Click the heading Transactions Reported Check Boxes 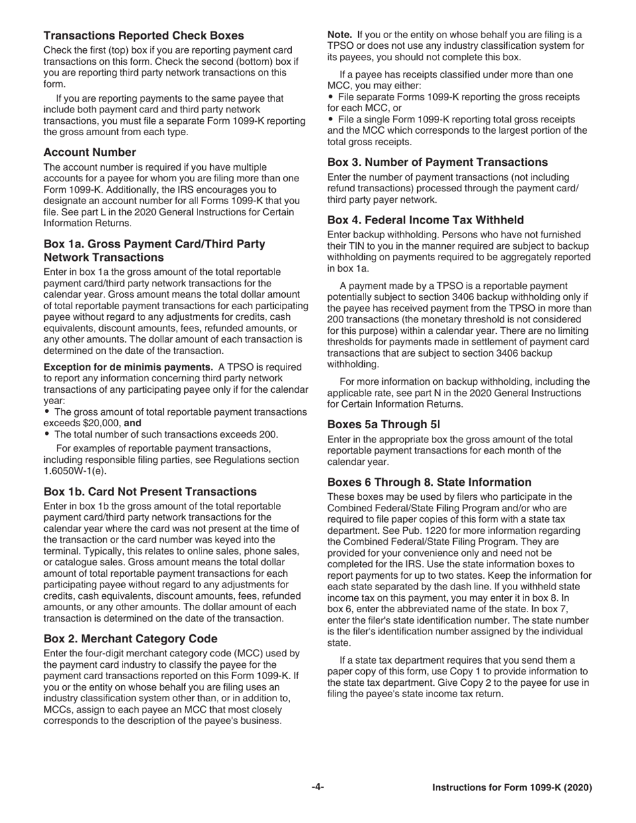(x=143, y=35)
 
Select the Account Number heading (x=90, y=152)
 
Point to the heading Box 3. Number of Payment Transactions (x=437, y=162)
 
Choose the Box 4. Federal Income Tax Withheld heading (x=425, y=219)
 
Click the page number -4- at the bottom (x=317, y=788)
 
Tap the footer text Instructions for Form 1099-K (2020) (x=512, y=788)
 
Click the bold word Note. (x=339, y=35)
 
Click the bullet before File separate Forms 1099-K (x=330, y=97)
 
